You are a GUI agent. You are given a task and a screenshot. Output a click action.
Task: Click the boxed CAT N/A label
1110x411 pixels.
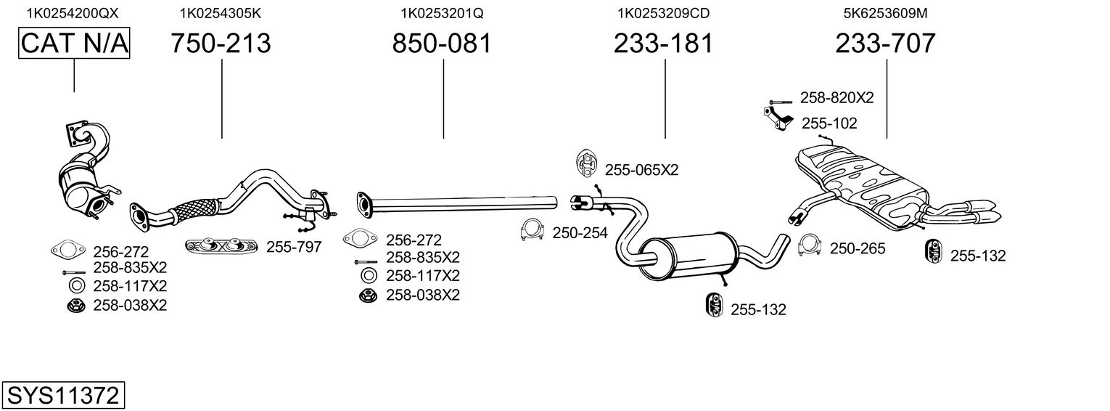(74, 43)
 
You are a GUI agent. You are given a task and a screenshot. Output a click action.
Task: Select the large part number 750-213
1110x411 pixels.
(221, 43)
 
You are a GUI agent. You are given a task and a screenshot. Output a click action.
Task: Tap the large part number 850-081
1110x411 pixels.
(442, 43)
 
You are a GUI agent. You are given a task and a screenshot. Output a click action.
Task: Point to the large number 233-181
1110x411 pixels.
(664, 43)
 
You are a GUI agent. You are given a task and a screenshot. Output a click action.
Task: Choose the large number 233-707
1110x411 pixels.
(886, 43)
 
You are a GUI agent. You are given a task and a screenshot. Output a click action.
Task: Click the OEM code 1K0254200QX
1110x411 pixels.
(73, 13)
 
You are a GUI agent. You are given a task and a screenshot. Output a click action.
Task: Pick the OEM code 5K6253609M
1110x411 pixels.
(886, 13)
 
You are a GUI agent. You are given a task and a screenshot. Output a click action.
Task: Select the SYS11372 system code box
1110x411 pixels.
(63, 396)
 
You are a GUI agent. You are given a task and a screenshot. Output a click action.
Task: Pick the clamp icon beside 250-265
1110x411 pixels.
(810, 245)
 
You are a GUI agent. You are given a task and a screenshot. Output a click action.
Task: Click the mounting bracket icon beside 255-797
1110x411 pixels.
(221, 245)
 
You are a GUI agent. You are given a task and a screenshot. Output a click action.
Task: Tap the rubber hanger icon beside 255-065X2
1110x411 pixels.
(585, 163)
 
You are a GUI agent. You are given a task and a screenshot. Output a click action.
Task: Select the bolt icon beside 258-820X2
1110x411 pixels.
(781, 102)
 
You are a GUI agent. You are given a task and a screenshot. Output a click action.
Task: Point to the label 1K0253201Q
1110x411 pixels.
(442, 13)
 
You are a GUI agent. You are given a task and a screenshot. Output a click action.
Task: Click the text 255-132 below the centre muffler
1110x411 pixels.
(758, 309)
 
